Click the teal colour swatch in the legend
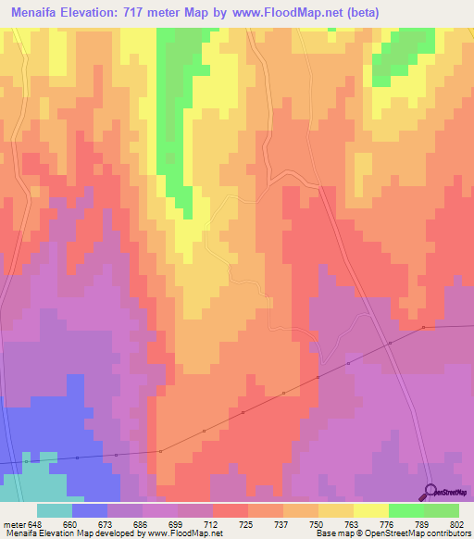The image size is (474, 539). (55, 511)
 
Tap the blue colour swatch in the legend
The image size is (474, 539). (90, 511)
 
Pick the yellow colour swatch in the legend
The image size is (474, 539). (371, 511)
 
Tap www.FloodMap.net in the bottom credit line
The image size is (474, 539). (189, 533)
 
